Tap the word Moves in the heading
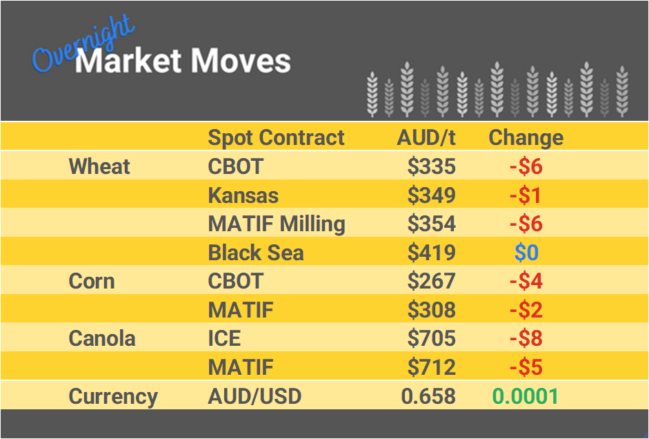coord(241,61)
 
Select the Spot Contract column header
coord(276,137)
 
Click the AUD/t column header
coord(426,137)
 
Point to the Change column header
coord(526,137)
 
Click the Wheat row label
coord(99,166)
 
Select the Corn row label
coord(92,282)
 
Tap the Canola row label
coord(102,339)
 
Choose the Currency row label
coord(113,397)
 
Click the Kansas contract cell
coord(243,195)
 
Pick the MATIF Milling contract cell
coord(277,224)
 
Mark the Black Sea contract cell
coord(256,253)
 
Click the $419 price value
coord(431,253)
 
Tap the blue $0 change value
coord(526,253)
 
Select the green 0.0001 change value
coord(526,396)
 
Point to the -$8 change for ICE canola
coord(526,339)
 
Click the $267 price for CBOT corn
coord(431,282)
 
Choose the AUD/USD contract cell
coord(254,396)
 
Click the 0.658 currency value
coord(428,396)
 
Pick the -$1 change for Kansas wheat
coord(526,195)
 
